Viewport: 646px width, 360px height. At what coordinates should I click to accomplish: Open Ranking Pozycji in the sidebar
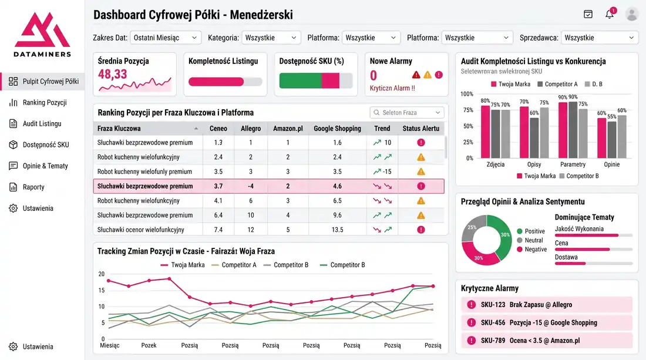44,103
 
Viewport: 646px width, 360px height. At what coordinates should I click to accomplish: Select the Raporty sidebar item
33,187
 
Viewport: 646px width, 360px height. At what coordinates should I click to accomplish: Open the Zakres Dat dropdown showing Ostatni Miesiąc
166,38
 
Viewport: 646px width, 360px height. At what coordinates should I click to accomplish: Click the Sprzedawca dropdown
600,38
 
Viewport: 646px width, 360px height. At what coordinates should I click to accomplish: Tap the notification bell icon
610,15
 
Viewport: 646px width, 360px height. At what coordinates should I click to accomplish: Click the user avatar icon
632,14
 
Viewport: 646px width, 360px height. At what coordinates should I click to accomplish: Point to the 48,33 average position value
113,74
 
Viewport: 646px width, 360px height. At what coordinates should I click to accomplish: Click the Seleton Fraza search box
407,113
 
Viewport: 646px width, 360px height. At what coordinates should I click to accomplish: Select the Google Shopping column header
337,129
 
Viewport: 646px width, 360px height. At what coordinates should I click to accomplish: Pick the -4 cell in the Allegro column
251,186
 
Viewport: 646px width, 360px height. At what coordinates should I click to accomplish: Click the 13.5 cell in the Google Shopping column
337,230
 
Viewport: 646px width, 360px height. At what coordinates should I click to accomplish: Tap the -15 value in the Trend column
387,171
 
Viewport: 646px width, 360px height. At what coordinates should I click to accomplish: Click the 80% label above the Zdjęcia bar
485,101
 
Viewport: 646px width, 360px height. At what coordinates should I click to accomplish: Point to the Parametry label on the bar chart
573,164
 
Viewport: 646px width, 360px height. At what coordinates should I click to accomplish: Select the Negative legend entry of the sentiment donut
535,250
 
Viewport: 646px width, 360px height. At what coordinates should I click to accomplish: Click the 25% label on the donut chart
472,227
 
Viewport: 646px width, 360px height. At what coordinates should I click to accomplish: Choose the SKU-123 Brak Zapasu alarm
547,305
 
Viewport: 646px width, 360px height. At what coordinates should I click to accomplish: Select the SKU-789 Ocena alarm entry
547,341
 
